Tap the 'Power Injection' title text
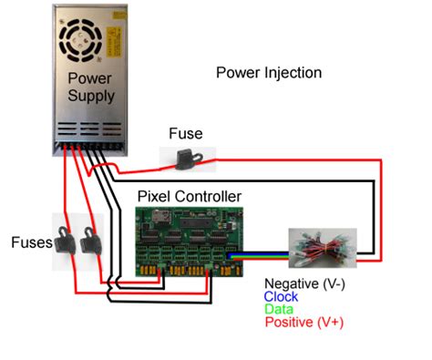point(268,72)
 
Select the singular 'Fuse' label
point(185,134)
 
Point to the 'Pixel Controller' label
point(189,196)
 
